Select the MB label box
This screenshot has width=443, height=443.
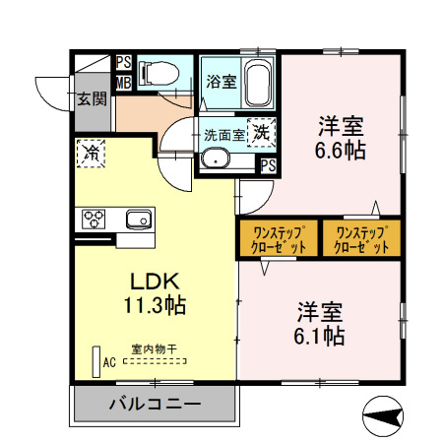[123, 81]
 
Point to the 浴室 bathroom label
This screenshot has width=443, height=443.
[221, 82]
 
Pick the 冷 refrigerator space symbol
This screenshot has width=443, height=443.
[91, 153]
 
